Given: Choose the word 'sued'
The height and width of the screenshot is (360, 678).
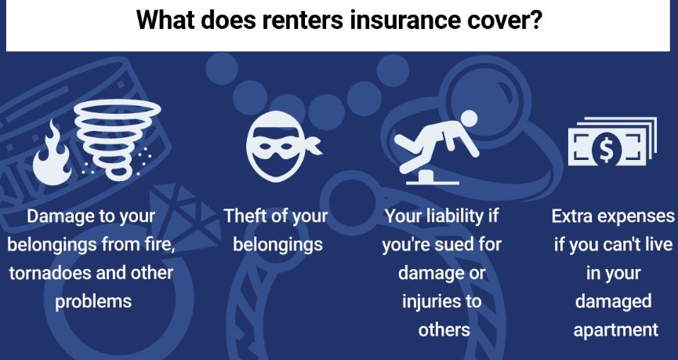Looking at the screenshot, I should coord(451,244).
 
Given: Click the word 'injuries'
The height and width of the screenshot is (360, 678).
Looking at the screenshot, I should coord(431,301).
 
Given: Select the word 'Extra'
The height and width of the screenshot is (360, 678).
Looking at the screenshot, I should coord(575,216).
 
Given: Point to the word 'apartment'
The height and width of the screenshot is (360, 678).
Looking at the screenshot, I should coord(615,329).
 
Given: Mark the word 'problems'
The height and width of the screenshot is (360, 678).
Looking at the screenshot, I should coord(93,301).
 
